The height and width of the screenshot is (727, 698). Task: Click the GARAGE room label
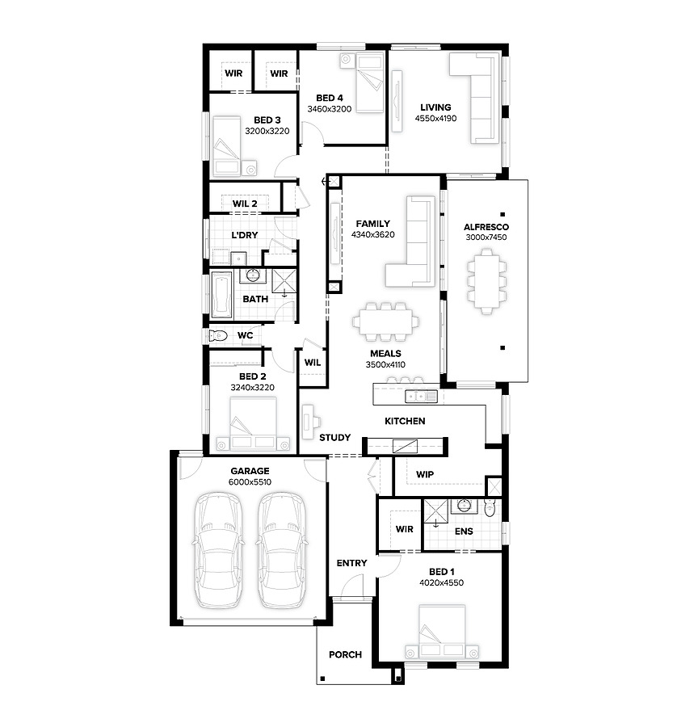coord(250,471)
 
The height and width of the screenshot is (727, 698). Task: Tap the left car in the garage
coord(218,551)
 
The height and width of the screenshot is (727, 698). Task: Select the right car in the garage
coord(281,551)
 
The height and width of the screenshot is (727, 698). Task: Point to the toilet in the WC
coord(218,335)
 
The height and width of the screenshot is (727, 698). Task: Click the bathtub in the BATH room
coord(221,294)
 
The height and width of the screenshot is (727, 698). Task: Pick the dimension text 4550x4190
coord(435,118)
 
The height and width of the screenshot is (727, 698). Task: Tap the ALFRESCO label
coord(486,227)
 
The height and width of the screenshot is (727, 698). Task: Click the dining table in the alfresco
coord(486,281)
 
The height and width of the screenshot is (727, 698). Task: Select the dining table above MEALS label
coord(386,321)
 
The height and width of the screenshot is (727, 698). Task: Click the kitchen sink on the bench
coord(421,397)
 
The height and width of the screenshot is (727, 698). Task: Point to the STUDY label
coord(334,437)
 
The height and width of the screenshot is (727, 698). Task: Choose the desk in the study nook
coord(308,422)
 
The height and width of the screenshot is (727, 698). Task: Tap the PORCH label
coord(345,654)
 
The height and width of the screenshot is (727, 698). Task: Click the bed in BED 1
coord(442,631)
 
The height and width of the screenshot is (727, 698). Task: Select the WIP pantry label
coord(425,474)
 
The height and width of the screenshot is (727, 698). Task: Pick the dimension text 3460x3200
coord(330,109)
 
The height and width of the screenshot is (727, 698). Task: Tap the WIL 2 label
coord(245,204)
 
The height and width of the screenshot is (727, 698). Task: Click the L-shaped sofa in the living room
coord(474,98)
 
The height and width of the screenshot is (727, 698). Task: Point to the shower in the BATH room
coord(284,281)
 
